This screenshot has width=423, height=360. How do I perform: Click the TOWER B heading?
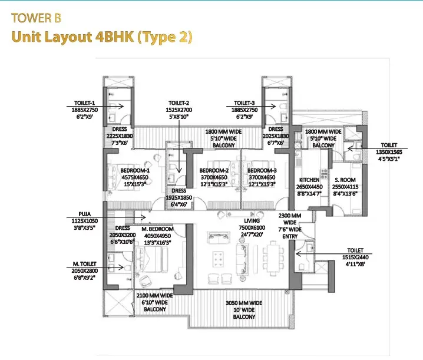36,18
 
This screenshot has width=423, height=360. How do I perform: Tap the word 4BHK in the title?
115,37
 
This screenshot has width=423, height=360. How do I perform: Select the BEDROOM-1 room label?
135,170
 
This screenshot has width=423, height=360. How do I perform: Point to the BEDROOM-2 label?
214,170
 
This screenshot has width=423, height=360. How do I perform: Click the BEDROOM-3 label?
262,170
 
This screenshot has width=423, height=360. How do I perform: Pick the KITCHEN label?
309,180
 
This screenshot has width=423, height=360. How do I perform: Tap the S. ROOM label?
345,180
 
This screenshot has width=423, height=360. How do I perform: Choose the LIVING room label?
252,221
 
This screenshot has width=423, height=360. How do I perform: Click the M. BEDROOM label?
157,229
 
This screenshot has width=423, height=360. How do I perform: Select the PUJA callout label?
85,214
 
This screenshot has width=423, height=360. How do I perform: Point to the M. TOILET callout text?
85,263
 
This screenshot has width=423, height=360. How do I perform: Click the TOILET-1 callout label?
85,103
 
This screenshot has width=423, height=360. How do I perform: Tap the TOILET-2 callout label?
179,103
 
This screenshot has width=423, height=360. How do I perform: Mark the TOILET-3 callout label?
244,103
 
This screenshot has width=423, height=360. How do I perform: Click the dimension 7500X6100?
252,227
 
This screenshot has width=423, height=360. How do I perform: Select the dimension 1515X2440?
355,257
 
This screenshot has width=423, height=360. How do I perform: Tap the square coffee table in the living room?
218,259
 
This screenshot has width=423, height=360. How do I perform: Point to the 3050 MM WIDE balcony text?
244,303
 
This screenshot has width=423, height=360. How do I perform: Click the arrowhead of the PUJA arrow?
144,217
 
